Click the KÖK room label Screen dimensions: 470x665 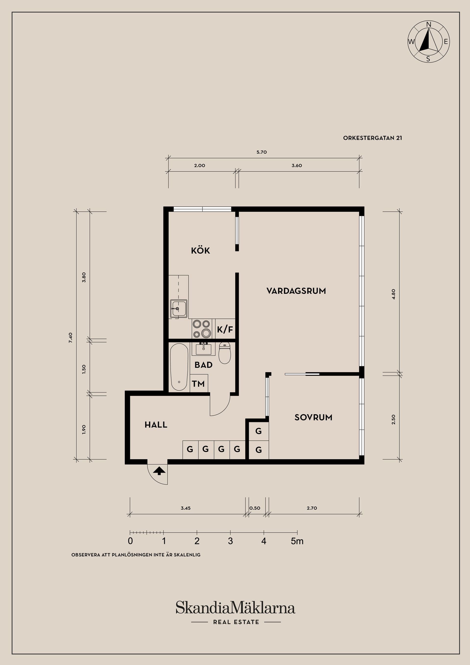(200, 250)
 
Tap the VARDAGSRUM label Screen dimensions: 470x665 (296, 291)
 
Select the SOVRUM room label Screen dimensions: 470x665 (313, 417)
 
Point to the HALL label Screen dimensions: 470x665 (156, 425)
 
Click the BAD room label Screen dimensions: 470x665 (203, 365)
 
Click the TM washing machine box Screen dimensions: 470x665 (199, 383)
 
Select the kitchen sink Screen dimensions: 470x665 (179, 309)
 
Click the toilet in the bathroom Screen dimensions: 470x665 (224, 353)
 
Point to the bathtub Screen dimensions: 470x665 (179, 367)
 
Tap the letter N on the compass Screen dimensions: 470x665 (429, 24)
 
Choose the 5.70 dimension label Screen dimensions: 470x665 (261, 152)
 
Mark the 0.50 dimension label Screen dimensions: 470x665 (255, 508)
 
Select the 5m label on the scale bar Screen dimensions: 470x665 (297, 541)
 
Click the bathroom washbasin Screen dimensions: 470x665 (204, 349)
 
